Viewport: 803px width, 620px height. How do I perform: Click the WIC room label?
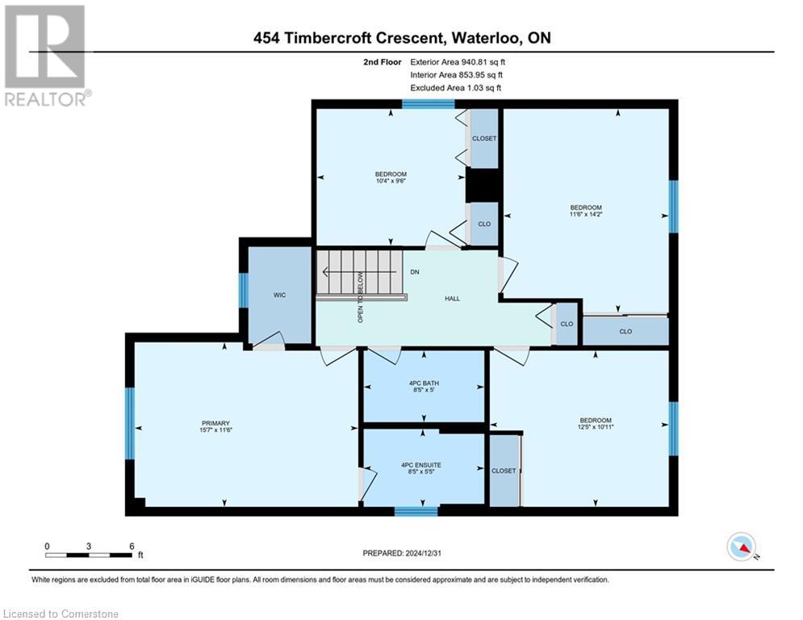(279, 295)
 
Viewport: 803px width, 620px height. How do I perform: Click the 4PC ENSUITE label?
(421, 465)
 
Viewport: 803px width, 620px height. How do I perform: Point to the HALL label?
(452, 299)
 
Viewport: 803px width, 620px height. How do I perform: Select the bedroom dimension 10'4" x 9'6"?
(391, 182)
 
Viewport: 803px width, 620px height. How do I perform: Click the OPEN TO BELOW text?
(361, 297)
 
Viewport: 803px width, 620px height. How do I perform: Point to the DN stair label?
(415, 273)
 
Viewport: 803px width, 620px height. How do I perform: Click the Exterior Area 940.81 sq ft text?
(458, 61)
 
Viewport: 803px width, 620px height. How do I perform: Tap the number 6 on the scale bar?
(131, 546)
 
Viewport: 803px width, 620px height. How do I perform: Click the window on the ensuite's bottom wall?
(416, 511)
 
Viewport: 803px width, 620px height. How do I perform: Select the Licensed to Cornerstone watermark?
(61, 614)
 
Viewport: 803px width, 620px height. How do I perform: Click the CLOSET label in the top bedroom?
(484, 139)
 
